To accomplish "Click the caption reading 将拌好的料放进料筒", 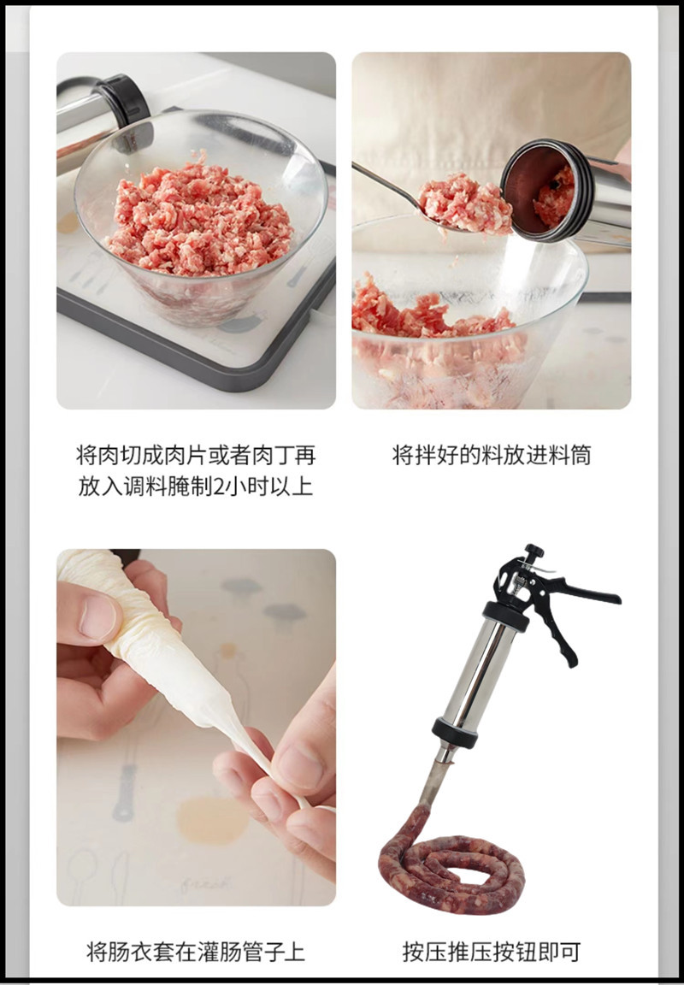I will point(491,455).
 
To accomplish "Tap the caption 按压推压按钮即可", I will point(492,951).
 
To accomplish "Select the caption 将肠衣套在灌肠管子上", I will point(196,951).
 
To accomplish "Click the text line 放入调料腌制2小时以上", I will point(196,487).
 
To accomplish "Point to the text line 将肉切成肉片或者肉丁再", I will point(196,455).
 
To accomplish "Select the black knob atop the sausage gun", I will point(534,551).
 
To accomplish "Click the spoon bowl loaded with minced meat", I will point(462,203).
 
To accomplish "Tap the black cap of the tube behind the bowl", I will point(124,98).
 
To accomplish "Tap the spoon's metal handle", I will point(385,184).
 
